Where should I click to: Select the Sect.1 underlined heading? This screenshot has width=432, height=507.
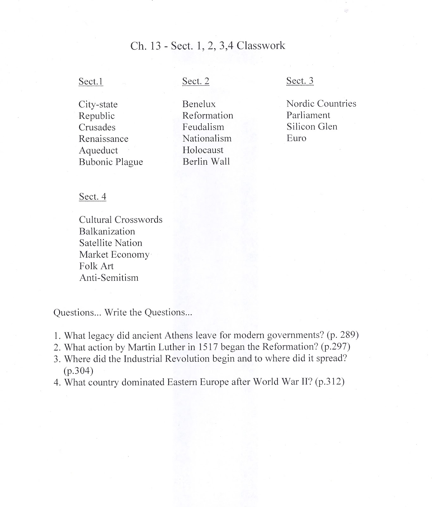(x=91, y=82)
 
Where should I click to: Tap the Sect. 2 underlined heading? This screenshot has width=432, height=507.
(x=196, y=81)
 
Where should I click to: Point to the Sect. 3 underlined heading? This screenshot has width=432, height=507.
(x=300, y=81)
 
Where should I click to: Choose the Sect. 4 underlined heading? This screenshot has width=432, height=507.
(x=92, y=197)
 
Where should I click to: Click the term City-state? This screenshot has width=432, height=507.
(x=98, y=105)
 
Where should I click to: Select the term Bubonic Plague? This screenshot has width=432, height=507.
(x=111, y=162)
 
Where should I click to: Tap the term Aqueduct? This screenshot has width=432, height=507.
(x=98, y=151)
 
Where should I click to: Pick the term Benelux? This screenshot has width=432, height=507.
(x=199, y=104)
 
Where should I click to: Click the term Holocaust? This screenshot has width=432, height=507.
(x=203, y=150)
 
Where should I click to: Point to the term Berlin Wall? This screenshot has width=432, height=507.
(x=206, y=162)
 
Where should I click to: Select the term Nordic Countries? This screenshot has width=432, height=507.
(x=321, y=104)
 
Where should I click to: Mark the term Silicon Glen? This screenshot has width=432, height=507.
(x=312, y=127)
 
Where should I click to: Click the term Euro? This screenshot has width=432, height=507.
(x=296, y=138)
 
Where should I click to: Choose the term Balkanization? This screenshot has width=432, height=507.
(x=107, y=232)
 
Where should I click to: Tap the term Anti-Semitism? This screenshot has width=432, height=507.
(x=109, y=278)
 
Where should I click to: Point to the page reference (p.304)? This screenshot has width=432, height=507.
(x=78, y=370)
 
